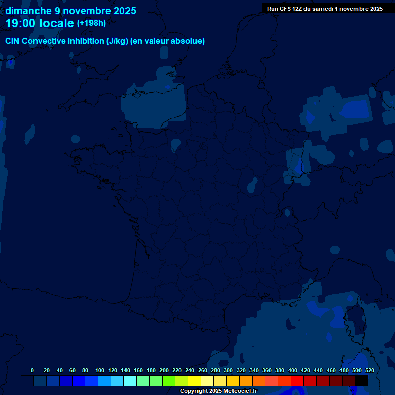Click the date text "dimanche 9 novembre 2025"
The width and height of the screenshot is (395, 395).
pos(70,11)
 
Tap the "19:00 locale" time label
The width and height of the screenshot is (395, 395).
pos(40,23)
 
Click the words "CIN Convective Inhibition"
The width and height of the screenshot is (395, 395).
pos(55,41)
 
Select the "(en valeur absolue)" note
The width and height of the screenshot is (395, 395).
pos(167,41)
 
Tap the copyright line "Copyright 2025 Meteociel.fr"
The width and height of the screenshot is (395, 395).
pos(218,391)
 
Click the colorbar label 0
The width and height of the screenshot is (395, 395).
pos(32,370)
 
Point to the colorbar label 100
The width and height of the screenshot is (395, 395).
pos(99,370)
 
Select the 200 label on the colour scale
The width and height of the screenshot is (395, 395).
pos(164,370)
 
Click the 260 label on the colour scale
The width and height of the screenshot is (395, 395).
pos(203,370)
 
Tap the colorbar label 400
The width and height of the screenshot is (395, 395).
pos(293,370)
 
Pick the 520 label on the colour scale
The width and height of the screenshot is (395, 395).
pos(369,370)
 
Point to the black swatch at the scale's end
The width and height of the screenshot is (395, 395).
pos(362,381)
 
